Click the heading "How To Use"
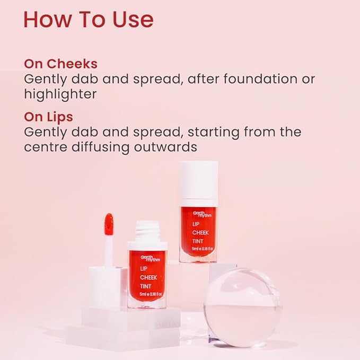pyautogui.click(x=89, y=20)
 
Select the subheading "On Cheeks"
pyautogui.click(x=60, y=64)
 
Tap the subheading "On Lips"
pyautogui.click(x=48, y=117)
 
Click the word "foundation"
pyautogui.click(x=260, y=78)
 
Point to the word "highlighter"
pyautogui.click(x=60, y=94)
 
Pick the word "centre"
pyautogui.click(x=46, y=147)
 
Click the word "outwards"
pyautogui.click(x=165, y=147)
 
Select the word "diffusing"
pyautogui.click(x=101, y=147)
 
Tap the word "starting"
pyautogui.click(x=213, y=132)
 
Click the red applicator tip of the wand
pyautogui.click(x=109, y=224)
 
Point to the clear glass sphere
pyautogui.click(x=243, y=308)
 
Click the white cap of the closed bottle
pyautogui.click(x=199, y=180)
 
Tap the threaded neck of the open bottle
pyautogui.click(x=147, y=231)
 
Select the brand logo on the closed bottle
pyautogui.click(x=202, y=214)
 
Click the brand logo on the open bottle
pyautogui.click(x=151, y=258)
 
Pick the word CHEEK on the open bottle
pyautogui.click(x=148, y=278)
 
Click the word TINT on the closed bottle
pyautogui.click(x=198, y=241)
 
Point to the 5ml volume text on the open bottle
pyautogui.click(x=151, y=294)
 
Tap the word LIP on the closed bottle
pyautogui.click(x=196, y=224)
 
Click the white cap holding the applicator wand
pyautogui.click(x=104, y=286)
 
